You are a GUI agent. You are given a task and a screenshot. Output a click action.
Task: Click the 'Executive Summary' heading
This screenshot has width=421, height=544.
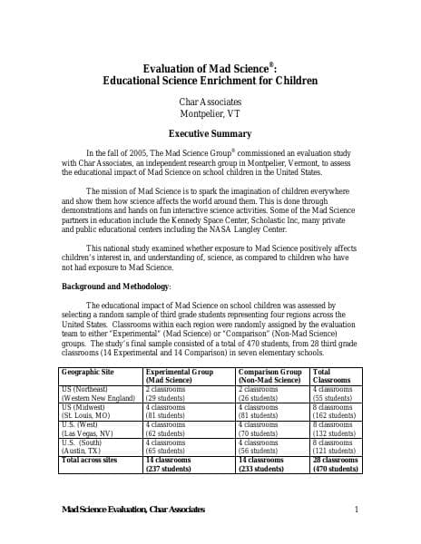[210, 132]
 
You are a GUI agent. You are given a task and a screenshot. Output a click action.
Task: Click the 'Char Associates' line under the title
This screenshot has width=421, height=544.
[210, 102]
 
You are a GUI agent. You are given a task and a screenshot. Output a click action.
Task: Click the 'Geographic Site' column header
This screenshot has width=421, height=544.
[88, 372]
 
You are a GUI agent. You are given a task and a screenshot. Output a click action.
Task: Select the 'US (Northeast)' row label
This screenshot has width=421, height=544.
[83, 388]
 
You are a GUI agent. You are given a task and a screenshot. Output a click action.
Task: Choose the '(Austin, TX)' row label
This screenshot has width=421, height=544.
[81, 451]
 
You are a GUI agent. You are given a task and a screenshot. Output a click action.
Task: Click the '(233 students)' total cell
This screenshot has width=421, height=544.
[264, 469]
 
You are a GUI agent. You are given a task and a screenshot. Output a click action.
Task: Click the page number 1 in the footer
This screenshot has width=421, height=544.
[357, 510]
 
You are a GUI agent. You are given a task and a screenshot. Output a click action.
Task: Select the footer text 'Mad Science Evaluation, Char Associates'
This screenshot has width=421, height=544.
[133, 510]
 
